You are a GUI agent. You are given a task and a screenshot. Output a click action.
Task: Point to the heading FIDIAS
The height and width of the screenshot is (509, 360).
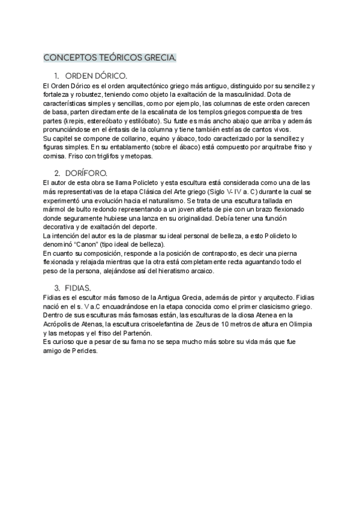(x=80, y=287)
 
